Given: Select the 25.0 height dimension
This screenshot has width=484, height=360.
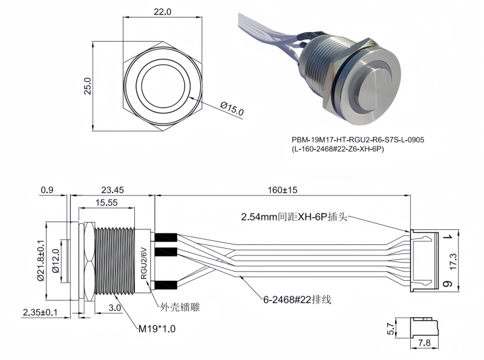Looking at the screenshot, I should tap(88, 86).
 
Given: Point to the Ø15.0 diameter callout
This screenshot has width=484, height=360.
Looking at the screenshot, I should tap(232, 110).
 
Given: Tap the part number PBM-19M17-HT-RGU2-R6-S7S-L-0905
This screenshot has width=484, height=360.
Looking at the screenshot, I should tap(358, 140).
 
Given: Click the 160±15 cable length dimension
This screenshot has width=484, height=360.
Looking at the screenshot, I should tap(282, 190).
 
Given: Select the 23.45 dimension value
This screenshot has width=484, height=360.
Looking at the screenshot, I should tap(113, 190).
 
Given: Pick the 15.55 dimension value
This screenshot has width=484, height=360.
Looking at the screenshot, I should tap(106, 203).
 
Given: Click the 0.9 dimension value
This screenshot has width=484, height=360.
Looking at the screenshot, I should tap(47, 190).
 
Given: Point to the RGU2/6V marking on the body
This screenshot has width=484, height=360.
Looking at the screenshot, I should tap(144, 261).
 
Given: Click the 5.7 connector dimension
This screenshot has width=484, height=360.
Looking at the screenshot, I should tap(391, 329).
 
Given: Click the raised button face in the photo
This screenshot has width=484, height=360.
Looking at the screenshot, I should tap(376, 88).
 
